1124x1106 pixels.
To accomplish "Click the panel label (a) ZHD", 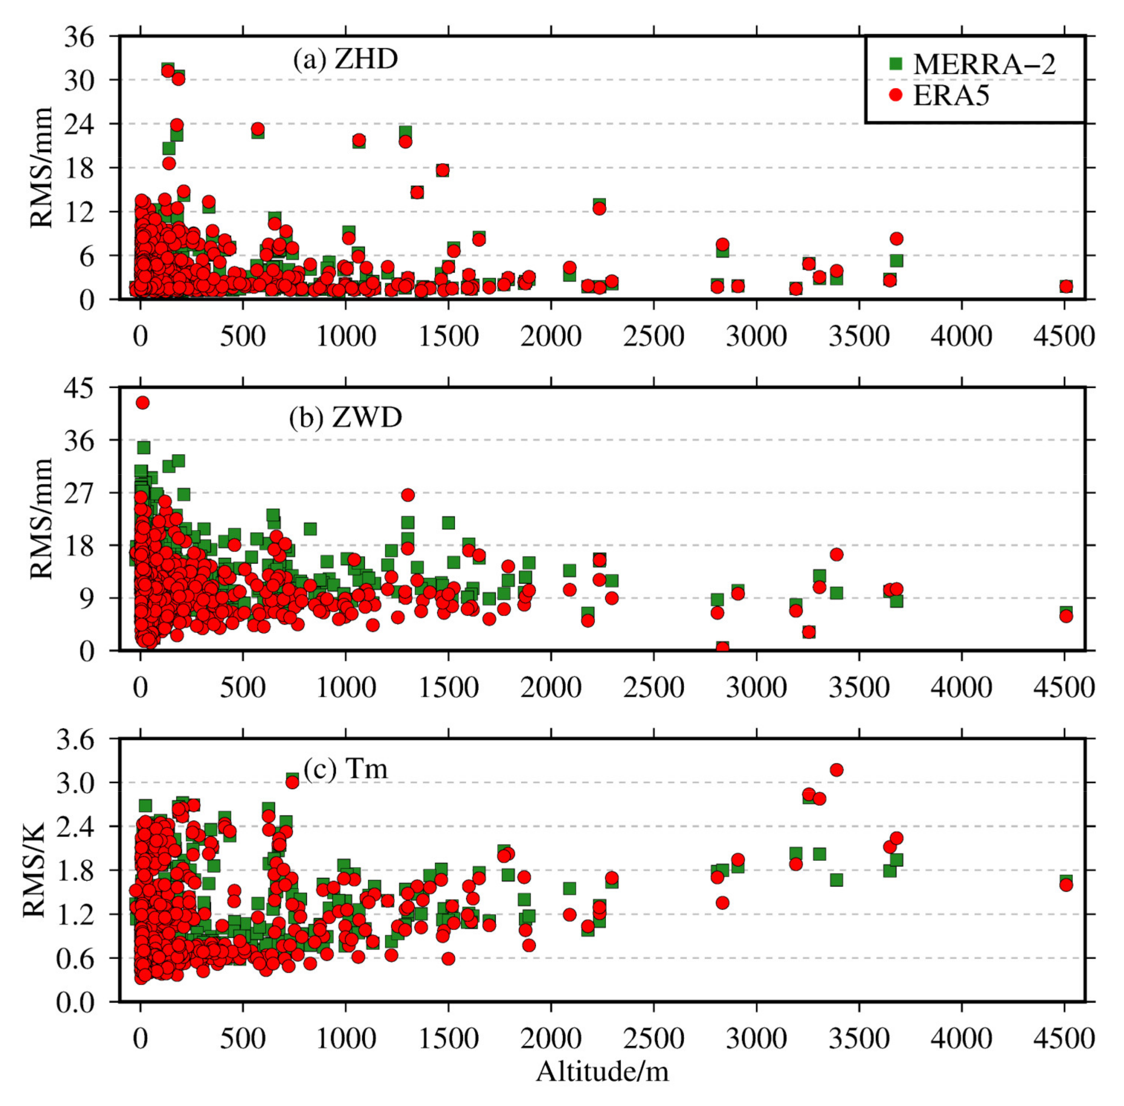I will [345, 59].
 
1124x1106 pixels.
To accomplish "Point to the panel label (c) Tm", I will [345, 769].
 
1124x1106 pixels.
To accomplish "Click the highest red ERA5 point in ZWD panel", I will [142, 402].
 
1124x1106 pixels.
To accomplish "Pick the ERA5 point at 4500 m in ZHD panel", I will [1065, 287].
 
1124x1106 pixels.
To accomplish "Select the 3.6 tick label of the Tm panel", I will [74, 740].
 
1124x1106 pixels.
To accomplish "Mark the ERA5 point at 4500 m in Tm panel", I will [1065, 885].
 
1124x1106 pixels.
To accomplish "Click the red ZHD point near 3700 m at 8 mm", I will [896, 238].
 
